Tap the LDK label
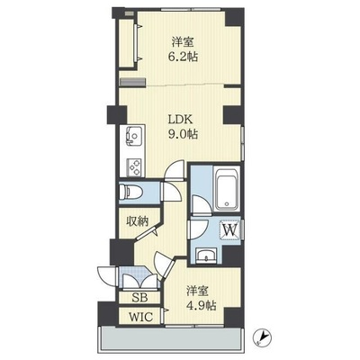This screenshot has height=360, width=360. coord(179,120)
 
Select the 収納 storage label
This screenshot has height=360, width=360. coord(137,221)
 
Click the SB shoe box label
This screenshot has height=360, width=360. coord(139,298)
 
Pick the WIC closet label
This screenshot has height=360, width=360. coord(140,317)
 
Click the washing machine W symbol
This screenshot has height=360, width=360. coord(230,230)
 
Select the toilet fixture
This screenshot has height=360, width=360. coord(129,192)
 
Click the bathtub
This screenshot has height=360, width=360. coord(227,192)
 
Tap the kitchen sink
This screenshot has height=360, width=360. coord(132,137)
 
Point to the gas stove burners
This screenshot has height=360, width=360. coord(134,167)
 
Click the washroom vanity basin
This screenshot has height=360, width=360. coord(206,256)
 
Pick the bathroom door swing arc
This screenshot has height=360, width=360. coord(202,204)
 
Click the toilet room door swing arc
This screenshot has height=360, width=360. coord(172,193)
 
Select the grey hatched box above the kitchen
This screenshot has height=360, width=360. coord(133,82)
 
